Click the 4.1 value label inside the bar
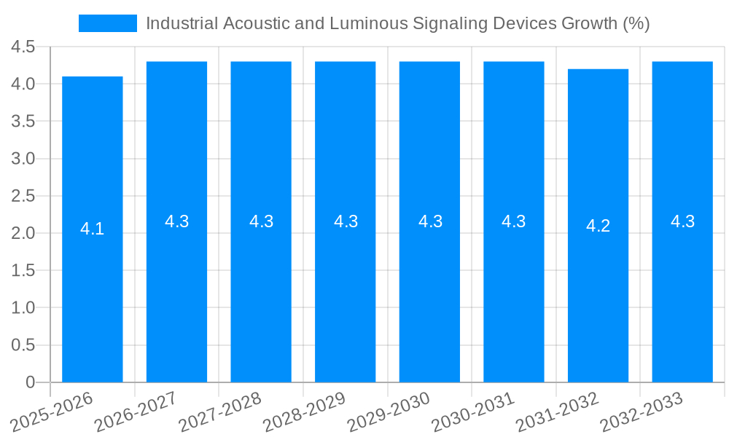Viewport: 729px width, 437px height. pyautogui.click(x=92, y=229)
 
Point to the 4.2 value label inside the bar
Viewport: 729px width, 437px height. pyautogui.click(x=598, y=226)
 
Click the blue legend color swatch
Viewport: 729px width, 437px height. pyautogui.click(x=107, y=23)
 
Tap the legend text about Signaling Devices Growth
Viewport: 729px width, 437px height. pyautogui.click(x=397, y=23)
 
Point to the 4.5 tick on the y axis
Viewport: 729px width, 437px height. pyautogui.click(x=23, y=47)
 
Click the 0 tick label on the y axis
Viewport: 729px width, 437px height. pyautogui.click(x=30, y=382)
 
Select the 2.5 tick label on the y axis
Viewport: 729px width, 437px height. pyautogui.click(x=23, y=196)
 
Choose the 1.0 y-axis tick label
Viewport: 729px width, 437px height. pyautogui.click(x=23, y=308)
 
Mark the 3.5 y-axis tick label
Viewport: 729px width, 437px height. pyautogui.click(x=23, y=122)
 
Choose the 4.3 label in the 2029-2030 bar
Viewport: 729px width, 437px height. pyautogui.click(x=430, y=221)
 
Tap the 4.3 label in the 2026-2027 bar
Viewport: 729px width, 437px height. pyautogui.click(x=176, y=221)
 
